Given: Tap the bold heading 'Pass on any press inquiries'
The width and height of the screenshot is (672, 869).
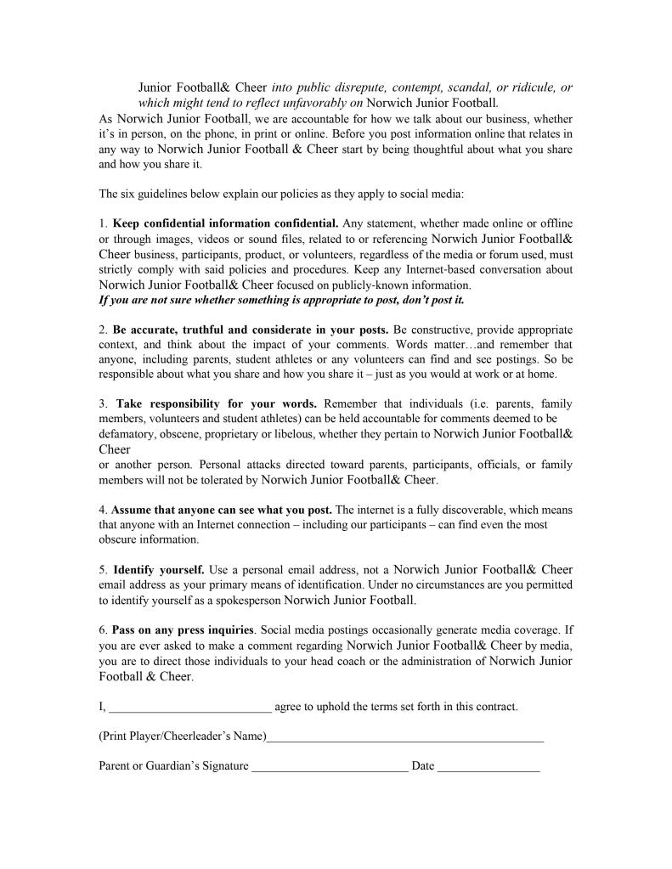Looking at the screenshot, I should [183, 630].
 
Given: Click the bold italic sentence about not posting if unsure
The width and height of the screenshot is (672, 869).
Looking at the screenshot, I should [281, 300].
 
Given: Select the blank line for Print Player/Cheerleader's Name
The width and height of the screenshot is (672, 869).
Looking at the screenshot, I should [404, 736].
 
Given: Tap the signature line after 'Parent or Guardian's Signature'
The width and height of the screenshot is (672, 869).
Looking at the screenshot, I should [330, 766].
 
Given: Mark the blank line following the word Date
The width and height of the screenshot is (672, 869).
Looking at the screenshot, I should [488, 766].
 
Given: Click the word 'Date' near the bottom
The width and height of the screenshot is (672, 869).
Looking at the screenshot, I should [423, 766].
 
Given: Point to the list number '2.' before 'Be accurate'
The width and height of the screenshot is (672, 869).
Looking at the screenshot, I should [104, 329].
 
